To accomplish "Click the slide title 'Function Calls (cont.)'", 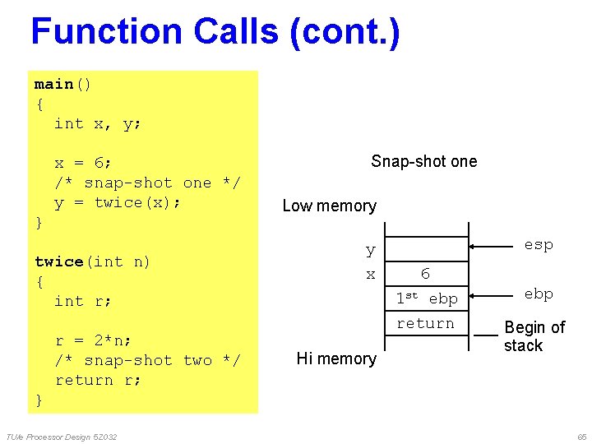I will point(215,32).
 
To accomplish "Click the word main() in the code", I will point(63,85).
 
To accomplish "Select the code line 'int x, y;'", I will point(98,124).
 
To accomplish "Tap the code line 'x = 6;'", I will point(84,164).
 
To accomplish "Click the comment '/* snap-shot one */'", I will point(147,183).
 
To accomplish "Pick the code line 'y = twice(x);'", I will point(118,203).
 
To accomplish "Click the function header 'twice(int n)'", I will point(92,262).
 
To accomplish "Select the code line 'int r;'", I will point(83,302).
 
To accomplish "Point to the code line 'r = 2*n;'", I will point(93,341).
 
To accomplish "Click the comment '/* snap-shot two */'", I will point(147,361).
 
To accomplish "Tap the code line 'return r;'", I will point(98,381).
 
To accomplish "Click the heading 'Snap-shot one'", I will point(423,161).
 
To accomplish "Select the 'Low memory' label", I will point(329,206).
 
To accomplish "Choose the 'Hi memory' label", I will point(336,358).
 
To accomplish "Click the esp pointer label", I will point(539,245).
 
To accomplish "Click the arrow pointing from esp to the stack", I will point(497,246).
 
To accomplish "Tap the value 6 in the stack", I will point(425,274).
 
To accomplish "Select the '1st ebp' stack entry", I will point(426,298).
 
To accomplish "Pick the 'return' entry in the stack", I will point(425,324).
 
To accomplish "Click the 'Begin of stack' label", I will point(534,336).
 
